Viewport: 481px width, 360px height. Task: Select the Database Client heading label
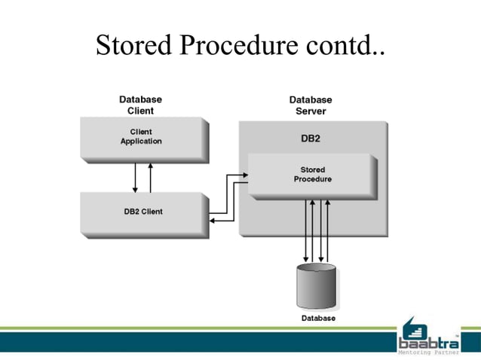click(140, 105)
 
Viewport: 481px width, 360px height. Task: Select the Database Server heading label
click(310, 105)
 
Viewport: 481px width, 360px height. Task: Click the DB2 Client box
click(142, 212)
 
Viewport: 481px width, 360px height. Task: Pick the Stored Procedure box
click(311, 175)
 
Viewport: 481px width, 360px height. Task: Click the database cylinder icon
click(316, 285)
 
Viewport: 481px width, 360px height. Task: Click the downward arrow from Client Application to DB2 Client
click(135, 177)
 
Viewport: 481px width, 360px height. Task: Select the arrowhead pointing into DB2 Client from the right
click(213, 221)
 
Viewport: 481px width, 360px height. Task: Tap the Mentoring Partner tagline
click(428, 352)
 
